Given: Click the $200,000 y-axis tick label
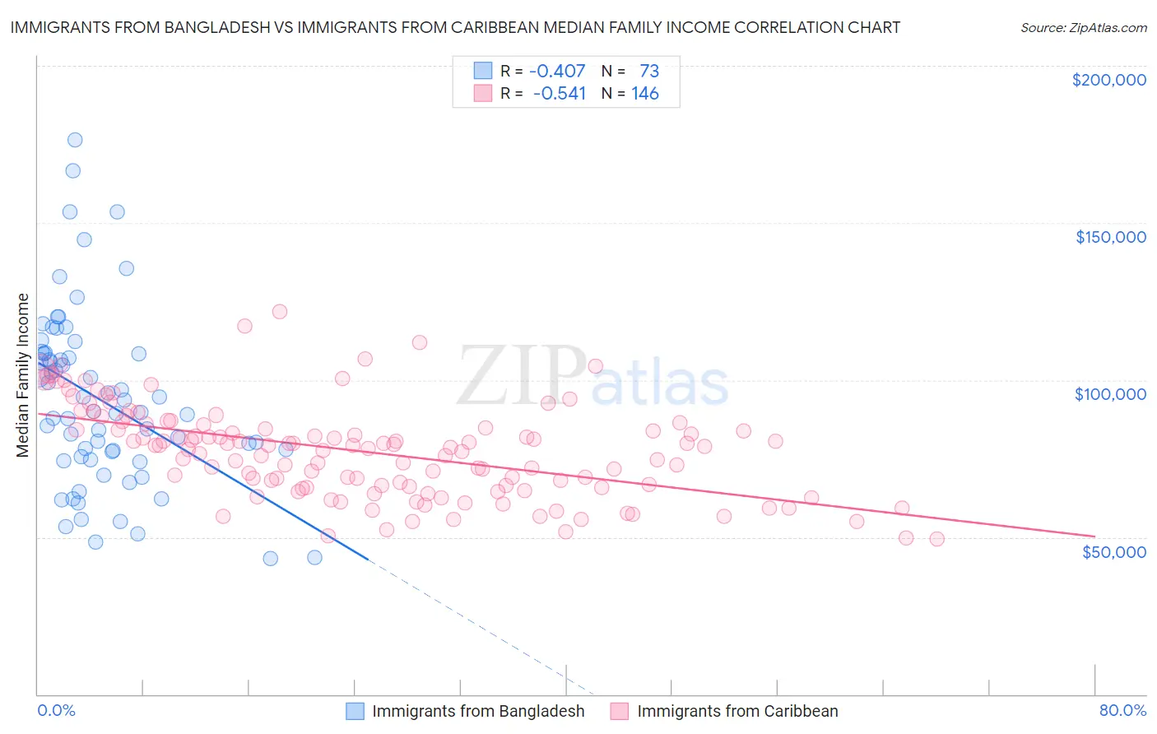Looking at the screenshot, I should tap(1108, 80).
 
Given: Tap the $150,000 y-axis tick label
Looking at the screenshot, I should tap(1110, 237).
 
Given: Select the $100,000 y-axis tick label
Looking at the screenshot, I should tap(1110, 394).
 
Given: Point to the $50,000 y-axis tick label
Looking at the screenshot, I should tap(1113, 551).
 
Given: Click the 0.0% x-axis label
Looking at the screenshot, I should tap(56, 710).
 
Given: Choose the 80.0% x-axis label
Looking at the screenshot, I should tap(1122, 710).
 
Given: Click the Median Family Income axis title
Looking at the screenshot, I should tap(23, 375).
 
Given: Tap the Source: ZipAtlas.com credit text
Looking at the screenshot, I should tap(1083, 27).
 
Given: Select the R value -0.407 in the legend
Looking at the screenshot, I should tap(557, 71).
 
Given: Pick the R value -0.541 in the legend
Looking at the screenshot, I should tap(559, 94).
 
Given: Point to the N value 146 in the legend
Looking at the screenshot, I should tap(645, 94).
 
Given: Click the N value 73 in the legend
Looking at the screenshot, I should tap(649, 71).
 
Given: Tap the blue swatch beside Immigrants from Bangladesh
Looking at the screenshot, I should tap(355, 711).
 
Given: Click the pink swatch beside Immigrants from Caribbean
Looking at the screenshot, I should tap(620, 711).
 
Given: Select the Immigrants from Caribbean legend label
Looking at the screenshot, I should tap(737, 711).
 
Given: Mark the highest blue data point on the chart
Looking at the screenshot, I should tap(75, 140).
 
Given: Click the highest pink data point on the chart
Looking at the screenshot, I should tap(280, 312).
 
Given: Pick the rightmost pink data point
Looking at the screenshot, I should tap(936, 539).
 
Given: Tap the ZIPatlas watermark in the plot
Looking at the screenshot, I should tap(592, 377).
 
